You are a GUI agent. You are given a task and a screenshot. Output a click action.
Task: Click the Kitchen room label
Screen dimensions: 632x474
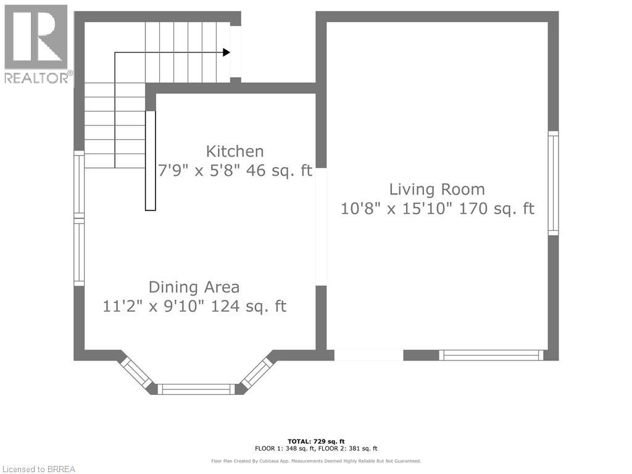pos(235,152)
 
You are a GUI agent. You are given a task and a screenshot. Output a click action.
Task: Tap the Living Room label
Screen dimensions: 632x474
pos(437,189)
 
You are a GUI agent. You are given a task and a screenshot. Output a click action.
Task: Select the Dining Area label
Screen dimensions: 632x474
pos(194,288)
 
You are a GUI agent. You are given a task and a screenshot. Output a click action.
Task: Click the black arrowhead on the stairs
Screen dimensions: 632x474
pos(227,52)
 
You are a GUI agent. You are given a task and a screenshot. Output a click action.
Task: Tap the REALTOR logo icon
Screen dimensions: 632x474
pos(36,36)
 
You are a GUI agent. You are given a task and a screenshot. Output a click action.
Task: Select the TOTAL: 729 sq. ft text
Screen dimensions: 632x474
pos(316,441)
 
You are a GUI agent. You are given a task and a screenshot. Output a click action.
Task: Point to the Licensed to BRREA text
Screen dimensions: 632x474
pos(39,469)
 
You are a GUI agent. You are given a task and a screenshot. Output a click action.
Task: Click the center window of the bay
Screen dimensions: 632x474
pos(196,389)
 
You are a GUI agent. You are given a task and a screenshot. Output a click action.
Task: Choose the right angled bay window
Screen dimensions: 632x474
pos(257,373)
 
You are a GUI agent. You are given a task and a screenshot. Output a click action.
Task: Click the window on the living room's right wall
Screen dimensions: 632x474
pos(553,183)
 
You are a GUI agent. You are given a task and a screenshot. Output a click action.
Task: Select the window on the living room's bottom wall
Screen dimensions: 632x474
pos(491,355)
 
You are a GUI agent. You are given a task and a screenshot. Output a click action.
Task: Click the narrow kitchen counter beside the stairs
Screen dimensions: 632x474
pos(151,160)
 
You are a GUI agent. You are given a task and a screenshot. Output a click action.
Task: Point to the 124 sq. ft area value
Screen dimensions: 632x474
pos(249,306)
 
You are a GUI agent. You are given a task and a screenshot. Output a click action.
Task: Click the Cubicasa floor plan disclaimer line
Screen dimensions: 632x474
pos(316,460)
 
